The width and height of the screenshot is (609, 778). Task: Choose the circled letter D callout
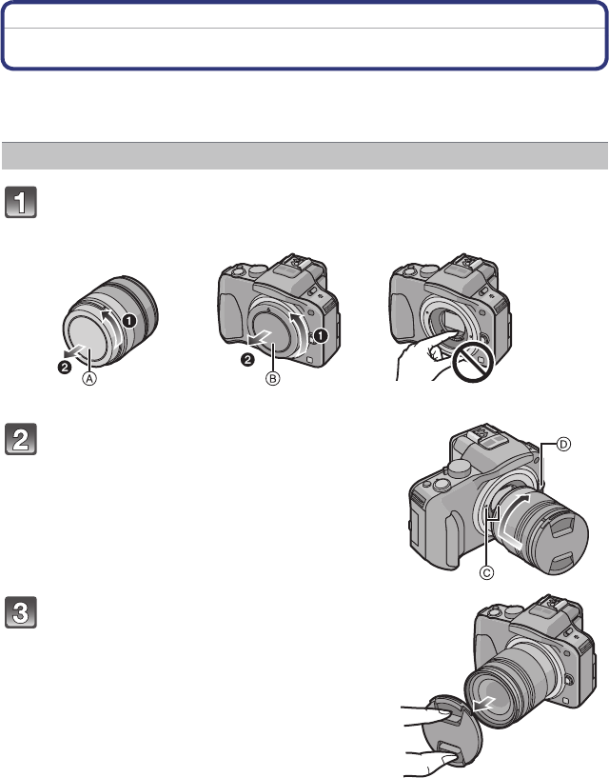coord(563,444)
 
